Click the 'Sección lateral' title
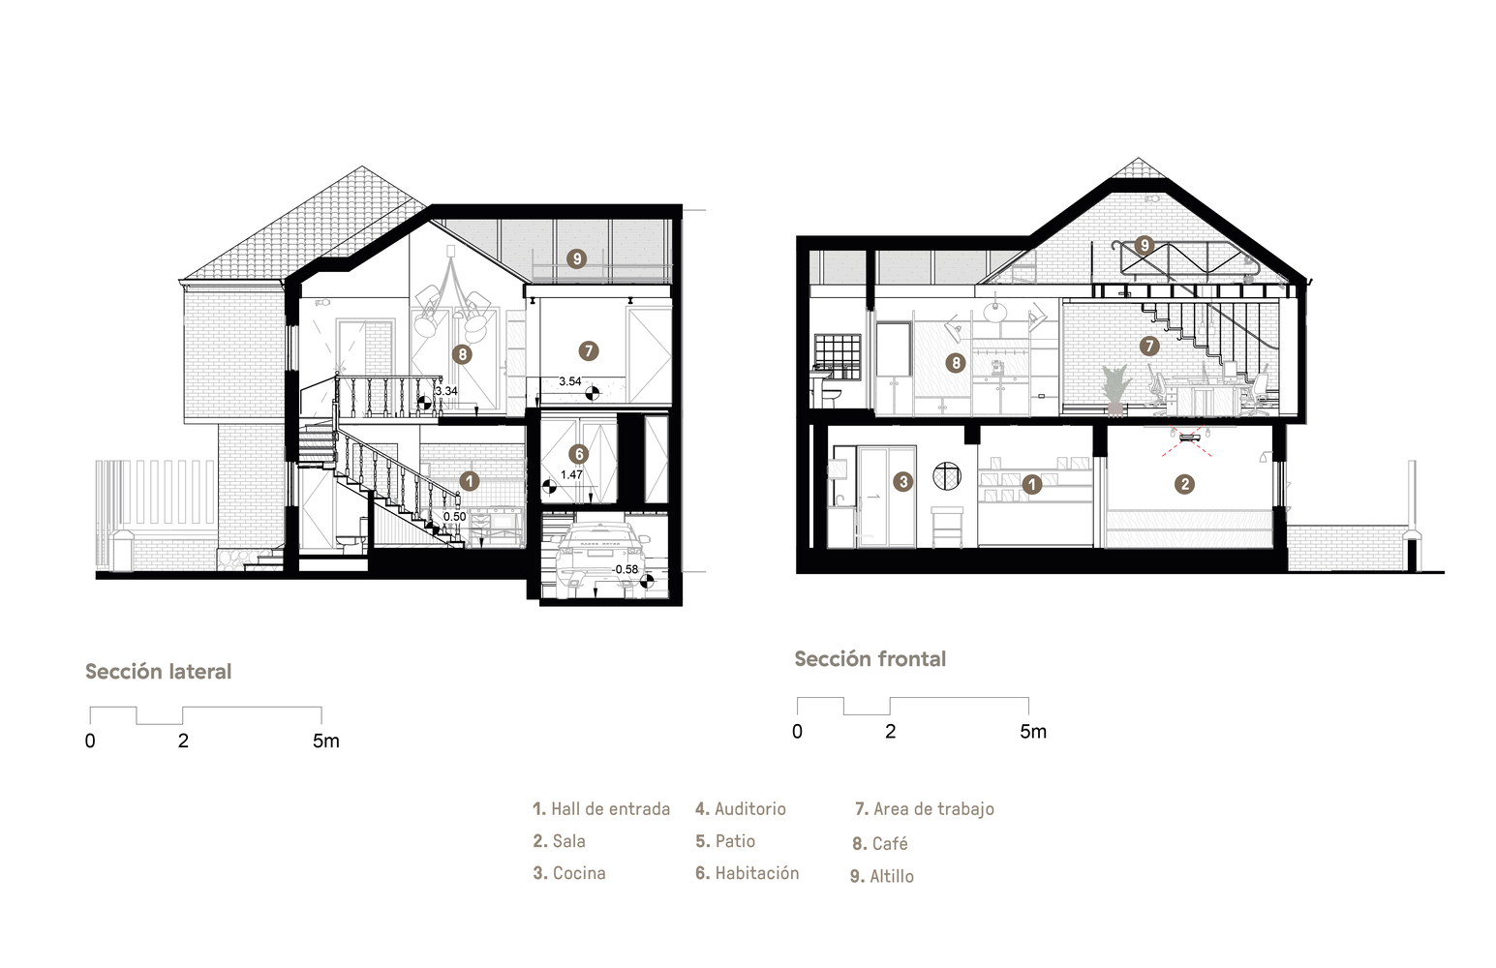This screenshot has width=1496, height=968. (158, 672)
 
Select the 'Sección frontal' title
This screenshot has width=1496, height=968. (870, 659)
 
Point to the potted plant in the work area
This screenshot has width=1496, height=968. (1114, 390)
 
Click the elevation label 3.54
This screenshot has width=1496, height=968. (569, 381)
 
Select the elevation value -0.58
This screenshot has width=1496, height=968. (626, 569)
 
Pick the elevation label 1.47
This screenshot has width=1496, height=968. (571, 474)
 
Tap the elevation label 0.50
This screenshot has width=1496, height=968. (455, 517)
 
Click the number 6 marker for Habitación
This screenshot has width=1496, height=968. (578, 455)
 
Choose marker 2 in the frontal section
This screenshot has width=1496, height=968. (1185, 484)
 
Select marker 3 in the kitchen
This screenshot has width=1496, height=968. (903, 481)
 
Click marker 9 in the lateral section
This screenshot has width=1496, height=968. (576, 258)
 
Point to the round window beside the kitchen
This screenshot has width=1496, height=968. (947, 476)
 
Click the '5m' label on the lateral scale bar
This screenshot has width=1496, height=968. (326, 741)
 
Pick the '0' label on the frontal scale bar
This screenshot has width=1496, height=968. (797, 732)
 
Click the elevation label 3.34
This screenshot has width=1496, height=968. (446, 391)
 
